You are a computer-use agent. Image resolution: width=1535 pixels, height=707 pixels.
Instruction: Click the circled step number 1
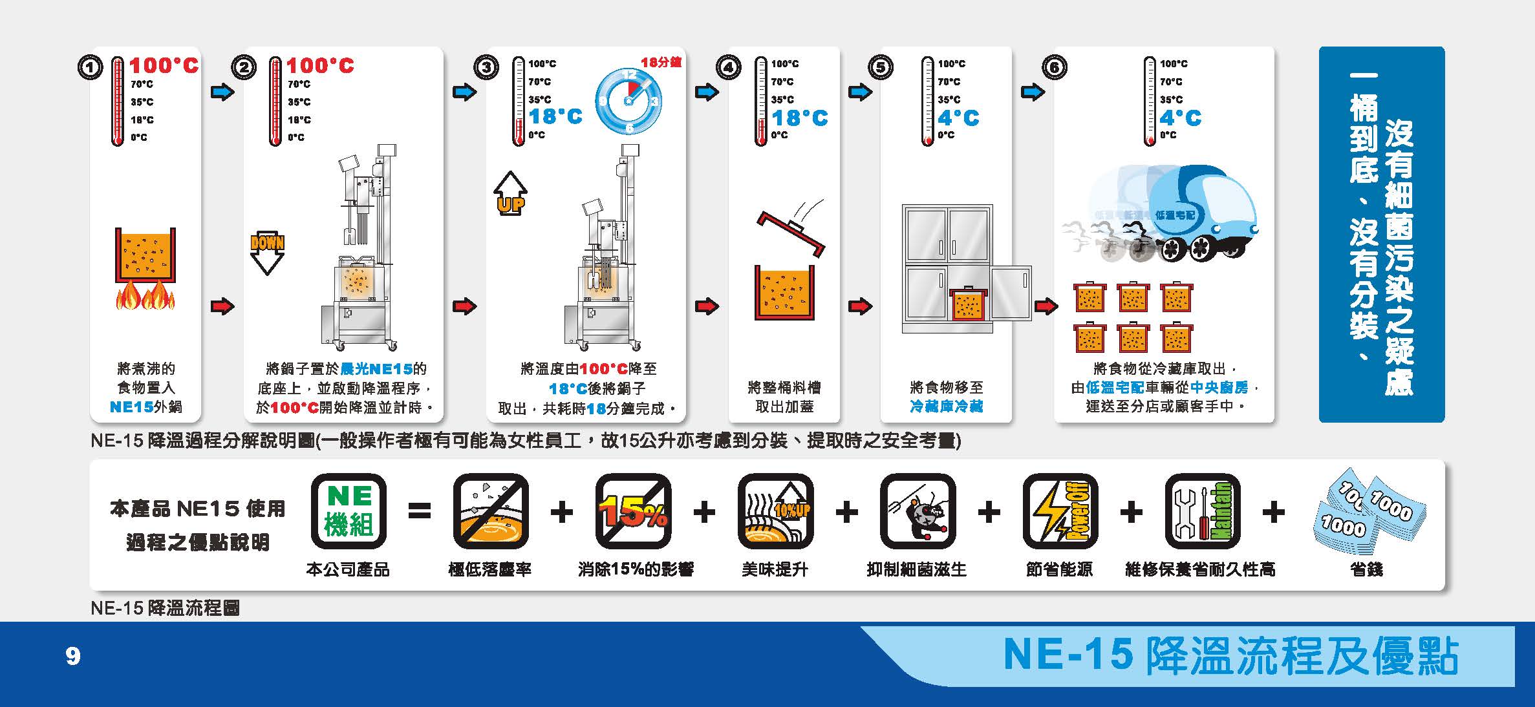point(90,67)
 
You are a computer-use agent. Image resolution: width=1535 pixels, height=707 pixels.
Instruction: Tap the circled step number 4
point(729,67)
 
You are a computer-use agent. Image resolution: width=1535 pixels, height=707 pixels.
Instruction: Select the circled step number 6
point(1054,67)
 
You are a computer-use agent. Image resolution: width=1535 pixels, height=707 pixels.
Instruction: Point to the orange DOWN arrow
point(267,253)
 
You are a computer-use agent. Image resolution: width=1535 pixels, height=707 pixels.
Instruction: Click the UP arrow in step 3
point(510,193)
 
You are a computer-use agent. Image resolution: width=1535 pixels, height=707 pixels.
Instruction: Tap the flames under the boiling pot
point(145,298)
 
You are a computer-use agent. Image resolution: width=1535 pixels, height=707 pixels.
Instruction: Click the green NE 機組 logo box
point(349,511)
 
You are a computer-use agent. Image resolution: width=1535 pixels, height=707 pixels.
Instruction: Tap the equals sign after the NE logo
point(420,512)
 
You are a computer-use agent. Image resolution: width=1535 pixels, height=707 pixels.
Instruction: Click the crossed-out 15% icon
point(633,511)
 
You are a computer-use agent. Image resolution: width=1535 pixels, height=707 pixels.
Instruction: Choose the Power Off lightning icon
point(1060,511)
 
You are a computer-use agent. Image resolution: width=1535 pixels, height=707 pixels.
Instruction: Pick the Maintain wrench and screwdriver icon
point(1203,511)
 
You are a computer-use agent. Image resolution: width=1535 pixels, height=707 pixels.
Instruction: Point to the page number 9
point(73,657)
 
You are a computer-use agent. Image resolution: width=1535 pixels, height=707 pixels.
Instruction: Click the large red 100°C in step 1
point(164,66)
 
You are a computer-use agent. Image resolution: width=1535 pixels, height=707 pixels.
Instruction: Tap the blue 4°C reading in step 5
point(958,118)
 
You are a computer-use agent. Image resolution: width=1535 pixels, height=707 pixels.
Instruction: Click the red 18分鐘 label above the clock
point(661,62)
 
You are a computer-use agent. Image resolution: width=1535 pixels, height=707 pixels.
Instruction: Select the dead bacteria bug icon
point(918,511)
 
